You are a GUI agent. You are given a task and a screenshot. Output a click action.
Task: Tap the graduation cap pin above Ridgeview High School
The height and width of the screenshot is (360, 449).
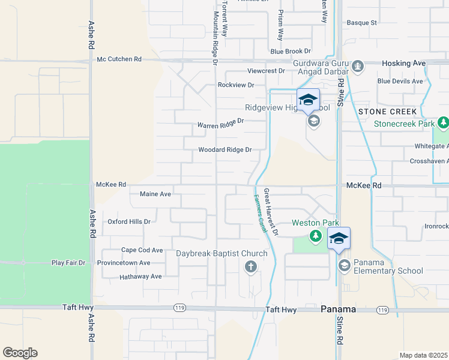(308, 100)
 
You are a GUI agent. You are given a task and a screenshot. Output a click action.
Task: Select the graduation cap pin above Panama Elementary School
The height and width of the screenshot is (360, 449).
(339, 238)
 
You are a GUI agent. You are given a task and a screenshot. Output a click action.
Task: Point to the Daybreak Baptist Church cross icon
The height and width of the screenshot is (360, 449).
(251, 268)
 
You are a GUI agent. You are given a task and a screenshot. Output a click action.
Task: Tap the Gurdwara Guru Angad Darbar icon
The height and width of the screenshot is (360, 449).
(358, 66)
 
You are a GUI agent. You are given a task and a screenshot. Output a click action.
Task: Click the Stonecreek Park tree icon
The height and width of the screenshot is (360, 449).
(443, 124)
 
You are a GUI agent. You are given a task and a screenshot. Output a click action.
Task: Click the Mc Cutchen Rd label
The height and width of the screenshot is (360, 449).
(119, 59)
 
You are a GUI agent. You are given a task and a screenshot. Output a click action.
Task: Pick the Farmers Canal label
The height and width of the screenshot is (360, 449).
(259, 213)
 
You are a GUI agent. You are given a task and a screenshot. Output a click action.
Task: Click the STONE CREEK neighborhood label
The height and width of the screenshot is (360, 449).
(387, 112)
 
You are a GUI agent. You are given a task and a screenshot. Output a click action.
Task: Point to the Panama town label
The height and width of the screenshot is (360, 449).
(338, 309)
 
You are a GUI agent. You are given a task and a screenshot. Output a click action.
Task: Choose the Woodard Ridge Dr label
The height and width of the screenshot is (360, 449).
(224, 150)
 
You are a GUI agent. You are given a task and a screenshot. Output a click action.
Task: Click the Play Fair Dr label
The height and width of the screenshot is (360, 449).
(68, 263)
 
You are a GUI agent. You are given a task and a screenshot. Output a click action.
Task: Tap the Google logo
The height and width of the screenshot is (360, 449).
(20, 353)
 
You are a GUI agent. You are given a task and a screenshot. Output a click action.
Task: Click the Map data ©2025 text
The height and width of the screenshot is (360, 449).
(423, 355)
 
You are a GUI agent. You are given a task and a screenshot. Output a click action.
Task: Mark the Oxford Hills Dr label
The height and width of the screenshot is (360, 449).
(128, 221)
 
